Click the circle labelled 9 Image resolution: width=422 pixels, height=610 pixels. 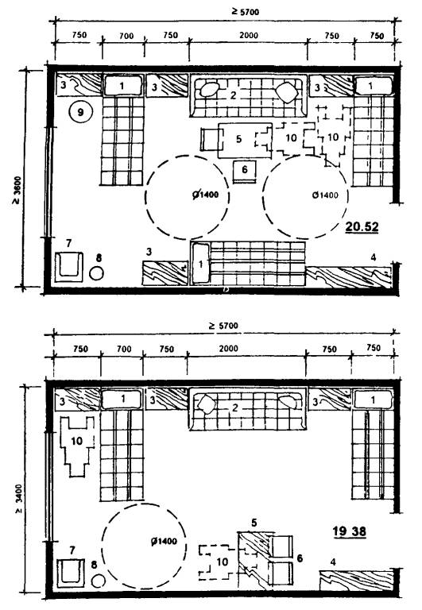point(80,112)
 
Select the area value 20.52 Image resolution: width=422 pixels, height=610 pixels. point(362,226)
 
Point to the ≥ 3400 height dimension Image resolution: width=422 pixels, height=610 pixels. point(19,499)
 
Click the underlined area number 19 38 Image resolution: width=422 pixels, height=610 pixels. point(349,531)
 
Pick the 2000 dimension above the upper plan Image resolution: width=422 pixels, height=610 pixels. point(249,35)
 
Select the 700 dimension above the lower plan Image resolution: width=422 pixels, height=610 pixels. point(124,349)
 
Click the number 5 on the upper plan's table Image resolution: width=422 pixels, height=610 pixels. point(238,138)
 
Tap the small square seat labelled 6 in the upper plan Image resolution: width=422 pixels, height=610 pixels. point(244,172)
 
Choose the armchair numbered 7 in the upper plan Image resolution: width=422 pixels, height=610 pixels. point(69,267)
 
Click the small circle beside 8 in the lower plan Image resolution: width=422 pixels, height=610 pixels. point(99,581)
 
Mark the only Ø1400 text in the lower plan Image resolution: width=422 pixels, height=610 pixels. point(164,541)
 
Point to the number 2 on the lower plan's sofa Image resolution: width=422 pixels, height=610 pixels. point(234,407)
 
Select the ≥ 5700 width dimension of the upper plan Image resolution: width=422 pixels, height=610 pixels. point(245,11)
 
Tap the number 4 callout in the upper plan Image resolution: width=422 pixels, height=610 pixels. point(374,257)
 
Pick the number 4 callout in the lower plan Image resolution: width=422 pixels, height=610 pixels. point(333,562)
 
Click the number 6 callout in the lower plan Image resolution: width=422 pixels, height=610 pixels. point(300,558)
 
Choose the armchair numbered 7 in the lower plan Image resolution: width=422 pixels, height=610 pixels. point(71,573)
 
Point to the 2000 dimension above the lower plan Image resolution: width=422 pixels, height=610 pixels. point(228,348)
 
